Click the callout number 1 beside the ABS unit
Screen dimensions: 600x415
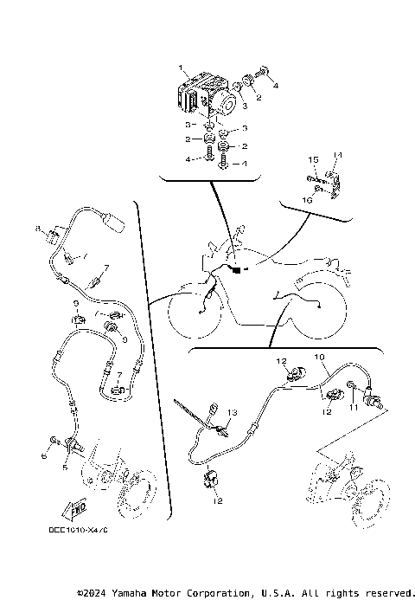[x=181, y=68]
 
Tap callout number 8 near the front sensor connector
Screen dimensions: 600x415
[x=38, y=228]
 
